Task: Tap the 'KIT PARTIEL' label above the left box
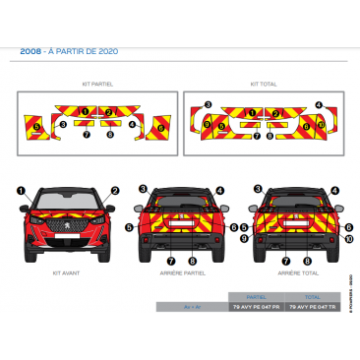pyautogui.click(x=98, y=85)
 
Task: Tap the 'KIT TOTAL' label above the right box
pyautogui.click(x=264, y=85)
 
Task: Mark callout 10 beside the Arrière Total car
pyautogui.click(x=350, y=238)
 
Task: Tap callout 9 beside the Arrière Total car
pyautogui.click(x=246, y=238)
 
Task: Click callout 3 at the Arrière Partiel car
pyautogui.click(x=143, y=188)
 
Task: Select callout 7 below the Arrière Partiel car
pyautogui.click(x=171, y=261)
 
